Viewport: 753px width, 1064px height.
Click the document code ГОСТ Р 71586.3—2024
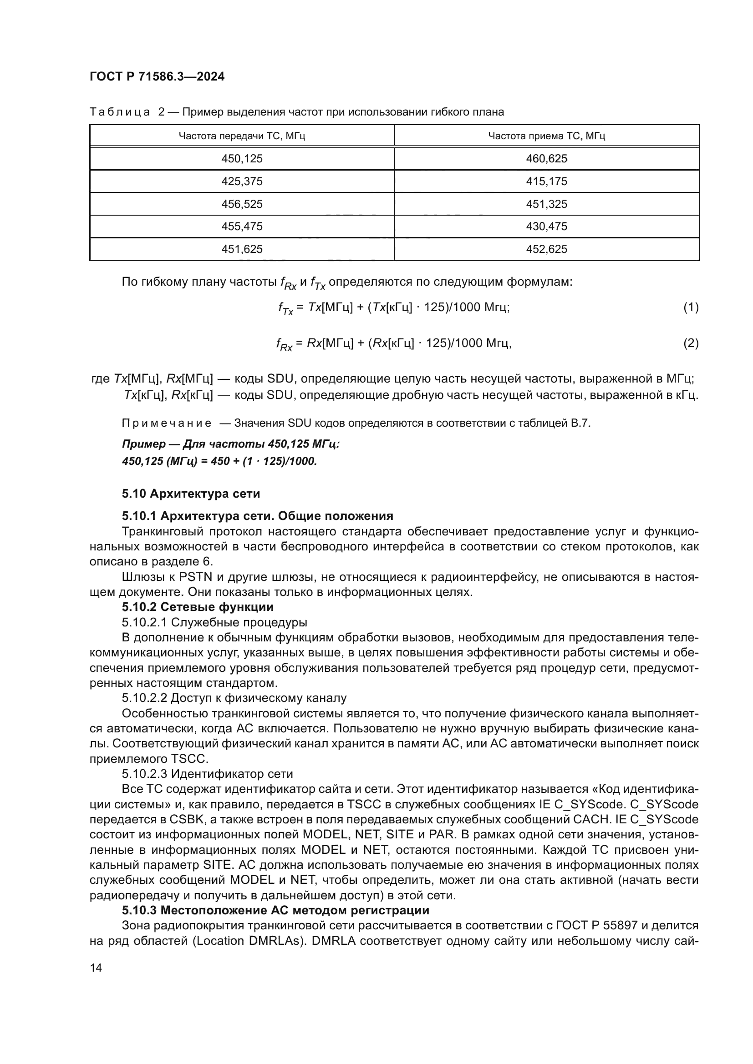coord(157,76)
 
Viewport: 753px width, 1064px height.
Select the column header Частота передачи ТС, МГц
coord(242,136)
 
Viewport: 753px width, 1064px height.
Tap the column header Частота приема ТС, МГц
coord(546,136)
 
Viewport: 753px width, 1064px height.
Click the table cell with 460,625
coord(546,158)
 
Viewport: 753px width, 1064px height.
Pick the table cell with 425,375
coord(242,181)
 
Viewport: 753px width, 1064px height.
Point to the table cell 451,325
coord(546,204)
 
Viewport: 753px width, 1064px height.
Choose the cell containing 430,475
coord(546,226)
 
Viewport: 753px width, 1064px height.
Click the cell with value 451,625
coord(242,249)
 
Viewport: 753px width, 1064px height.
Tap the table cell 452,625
coord(546,249)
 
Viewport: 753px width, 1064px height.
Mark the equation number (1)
coord(691,307)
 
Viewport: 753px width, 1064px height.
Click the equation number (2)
coord(691,343)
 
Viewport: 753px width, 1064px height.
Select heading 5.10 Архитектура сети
coord(191,494)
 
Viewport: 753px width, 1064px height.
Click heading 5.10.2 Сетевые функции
coord(198,607)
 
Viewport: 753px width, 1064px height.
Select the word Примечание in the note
coord(167,423)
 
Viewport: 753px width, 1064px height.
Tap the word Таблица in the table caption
coord(120,112)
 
